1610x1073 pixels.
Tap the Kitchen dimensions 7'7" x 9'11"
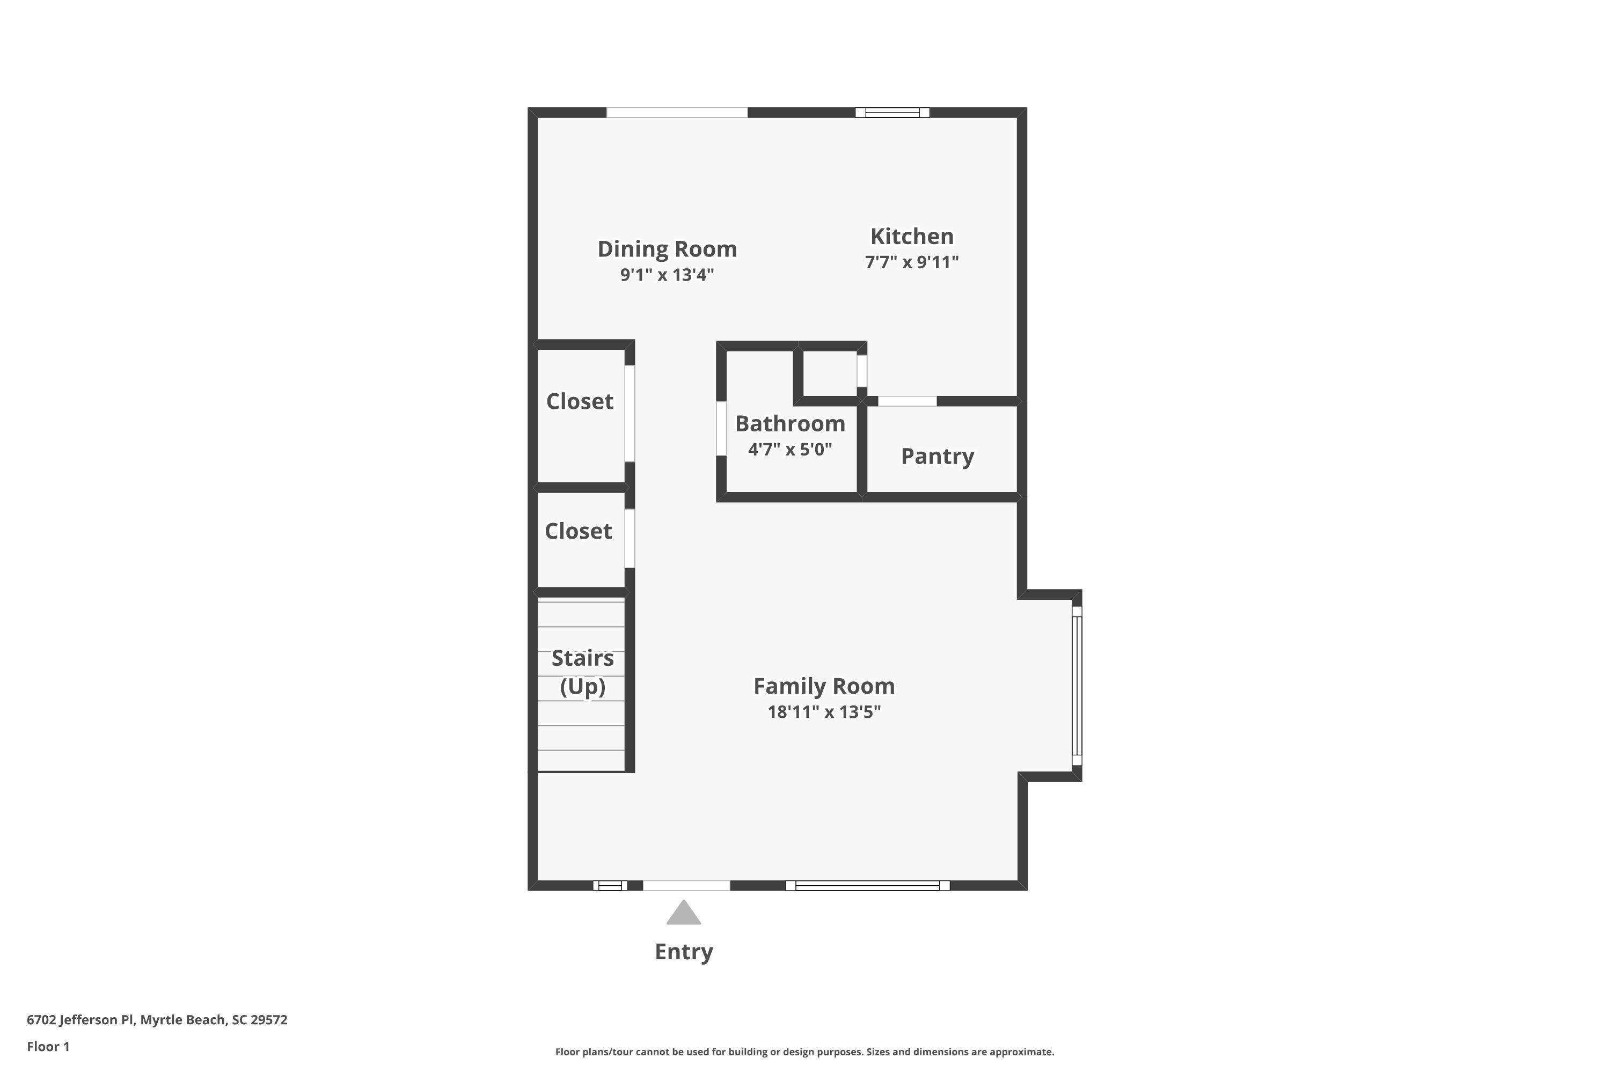(912, 262)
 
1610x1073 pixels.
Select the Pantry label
(937, 457)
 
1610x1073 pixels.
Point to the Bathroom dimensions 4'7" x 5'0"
(790, 450)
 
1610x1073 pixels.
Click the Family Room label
(824, 686)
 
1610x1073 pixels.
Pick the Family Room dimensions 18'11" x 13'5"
(824, 712)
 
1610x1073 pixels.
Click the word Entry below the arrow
(684, 951)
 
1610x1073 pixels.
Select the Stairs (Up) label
(582, 672)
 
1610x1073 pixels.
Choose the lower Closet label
(579, 531)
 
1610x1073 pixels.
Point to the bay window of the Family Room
(1077, 686)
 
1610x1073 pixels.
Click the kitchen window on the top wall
(892, 113)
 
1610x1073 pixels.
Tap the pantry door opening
(907, 401)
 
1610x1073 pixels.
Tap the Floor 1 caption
(48, 1046)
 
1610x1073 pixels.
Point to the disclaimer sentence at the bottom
(804, 1052)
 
